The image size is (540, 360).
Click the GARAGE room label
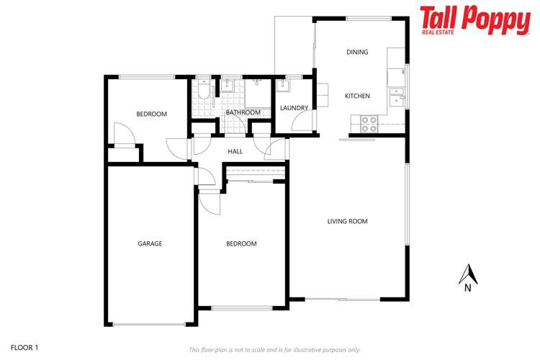150,243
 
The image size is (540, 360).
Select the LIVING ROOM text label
347,221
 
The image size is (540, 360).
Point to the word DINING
357,52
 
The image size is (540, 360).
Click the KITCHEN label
357,96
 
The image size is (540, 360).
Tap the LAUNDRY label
294,108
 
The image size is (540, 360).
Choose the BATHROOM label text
243,112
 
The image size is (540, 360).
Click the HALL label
235,151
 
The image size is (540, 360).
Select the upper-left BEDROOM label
152,114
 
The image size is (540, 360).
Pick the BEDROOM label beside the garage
241,243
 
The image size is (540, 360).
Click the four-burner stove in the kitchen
369,125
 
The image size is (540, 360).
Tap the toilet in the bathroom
204,89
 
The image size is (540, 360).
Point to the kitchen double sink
396,94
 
